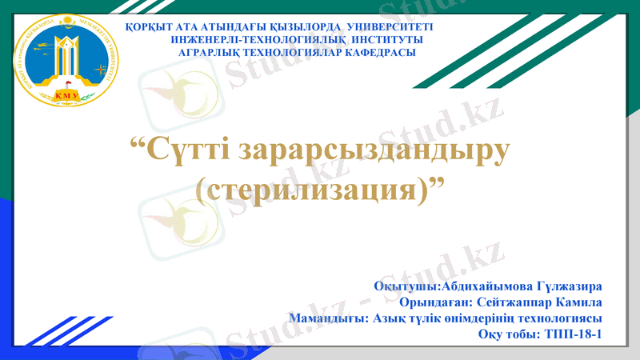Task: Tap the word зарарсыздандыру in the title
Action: click(x=377, y=150)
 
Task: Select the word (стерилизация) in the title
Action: click(x=308, y=190)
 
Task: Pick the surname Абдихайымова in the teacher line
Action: click(x=467, y=286)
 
